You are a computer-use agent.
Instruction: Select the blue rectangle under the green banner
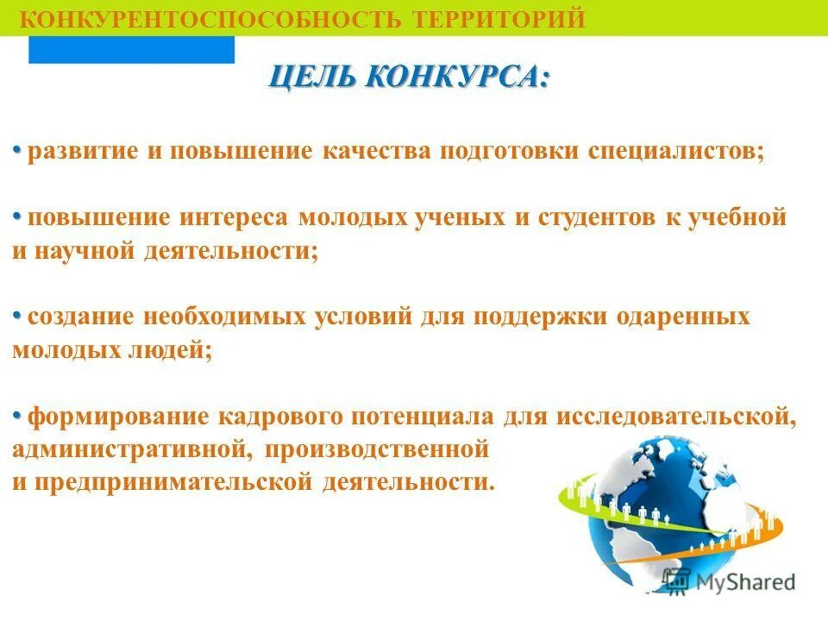point(131,50)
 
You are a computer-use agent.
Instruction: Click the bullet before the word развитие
point(17,150)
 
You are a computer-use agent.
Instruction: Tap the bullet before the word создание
point(17,315)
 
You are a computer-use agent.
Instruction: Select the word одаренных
point(683,317)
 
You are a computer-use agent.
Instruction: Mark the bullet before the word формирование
point(17,415)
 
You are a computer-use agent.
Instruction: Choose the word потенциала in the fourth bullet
point(422,417)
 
